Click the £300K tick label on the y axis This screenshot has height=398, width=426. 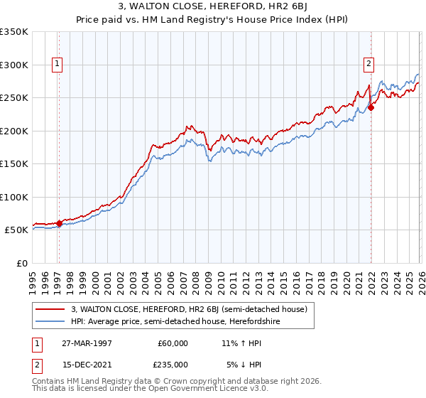13,65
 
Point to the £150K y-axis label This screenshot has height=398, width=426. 13,163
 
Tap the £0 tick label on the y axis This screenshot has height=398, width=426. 23,263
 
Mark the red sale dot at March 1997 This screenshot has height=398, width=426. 59,224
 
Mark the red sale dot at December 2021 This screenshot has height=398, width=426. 371,108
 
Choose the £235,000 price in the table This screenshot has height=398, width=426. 173,364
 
